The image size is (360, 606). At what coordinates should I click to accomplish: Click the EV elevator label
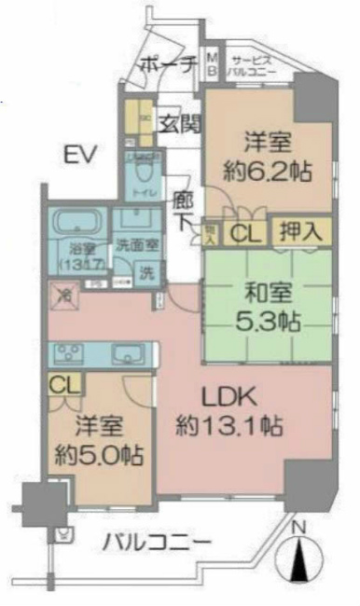[x=80, y=154]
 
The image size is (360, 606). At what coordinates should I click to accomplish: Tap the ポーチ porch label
[x=166, y=64]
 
